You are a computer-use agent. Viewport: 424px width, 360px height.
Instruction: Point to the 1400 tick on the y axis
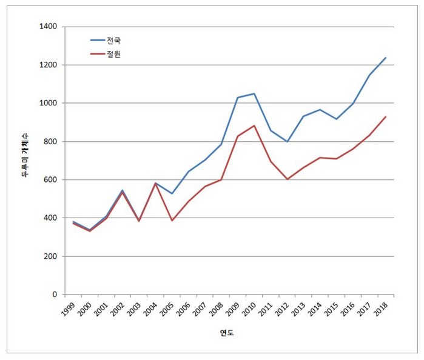click(x=48, y=27)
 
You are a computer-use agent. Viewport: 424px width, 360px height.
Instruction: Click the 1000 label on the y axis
click(x=48, y=103)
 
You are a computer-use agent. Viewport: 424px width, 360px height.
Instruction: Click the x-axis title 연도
click(x=227, y=333)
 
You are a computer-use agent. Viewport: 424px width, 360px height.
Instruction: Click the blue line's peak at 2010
click(x=254, y=94)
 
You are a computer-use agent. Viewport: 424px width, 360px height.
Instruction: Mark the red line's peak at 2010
click(x=254, y=125)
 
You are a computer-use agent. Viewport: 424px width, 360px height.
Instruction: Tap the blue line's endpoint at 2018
click(x=386, y=58)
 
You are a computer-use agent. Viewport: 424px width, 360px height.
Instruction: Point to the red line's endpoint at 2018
click(x=386, y=117)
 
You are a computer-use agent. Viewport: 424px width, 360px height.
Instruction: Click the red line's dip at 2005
click(x=172, y=221)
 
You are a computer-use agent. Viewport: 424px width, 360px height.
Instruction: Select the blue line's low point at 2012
click(x=287, y=141)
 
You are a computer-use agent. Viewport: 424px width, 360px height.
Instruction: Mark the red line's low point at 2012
click(x=287, y=179)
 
